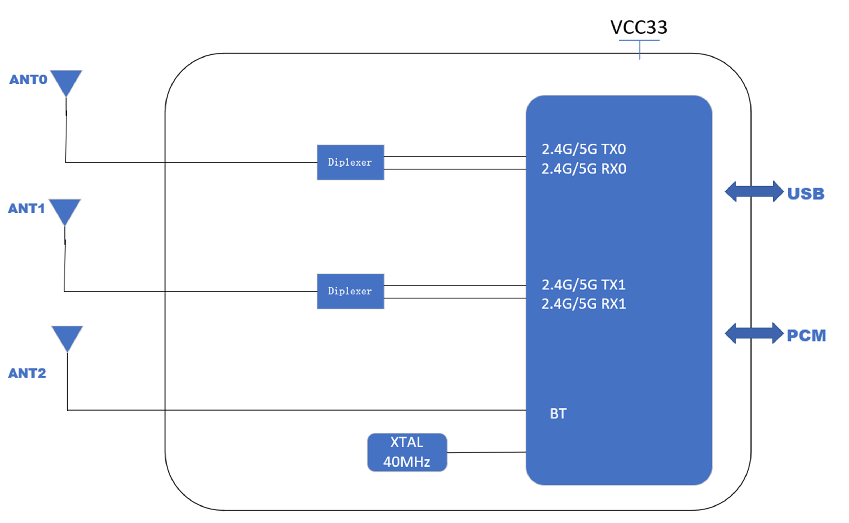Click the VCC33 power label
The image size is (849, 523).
pos(639,27)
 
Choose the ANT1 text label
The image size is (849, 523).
pos(27,209)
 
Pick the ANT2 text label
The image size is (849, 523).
pos(27,373)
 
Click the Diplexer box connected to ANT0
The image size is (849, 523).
pos(350,162)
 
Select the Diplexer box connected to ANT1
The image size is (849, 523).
pos(350,291)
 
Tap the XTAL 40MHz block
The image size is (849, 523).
pos(407,452)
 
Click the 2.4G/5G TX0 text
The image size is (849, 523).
pos(583,149)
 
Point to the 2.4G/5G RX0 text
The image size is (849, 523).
pos(583,169)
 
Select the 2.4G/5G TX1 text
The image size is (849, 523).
pos(583,285)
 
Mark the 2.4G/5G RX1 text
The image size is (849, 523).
pos(583,304)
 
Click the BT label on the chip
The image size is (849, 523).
pos(558,414)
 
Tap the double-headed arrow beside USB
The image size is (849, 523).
pos(754,191)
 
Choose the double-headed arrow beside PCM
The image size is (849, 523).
pos(754,333)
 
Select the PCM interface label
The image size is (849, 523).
pos(806,336)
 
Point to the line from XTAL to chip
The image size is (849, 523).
pos(486,452)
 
